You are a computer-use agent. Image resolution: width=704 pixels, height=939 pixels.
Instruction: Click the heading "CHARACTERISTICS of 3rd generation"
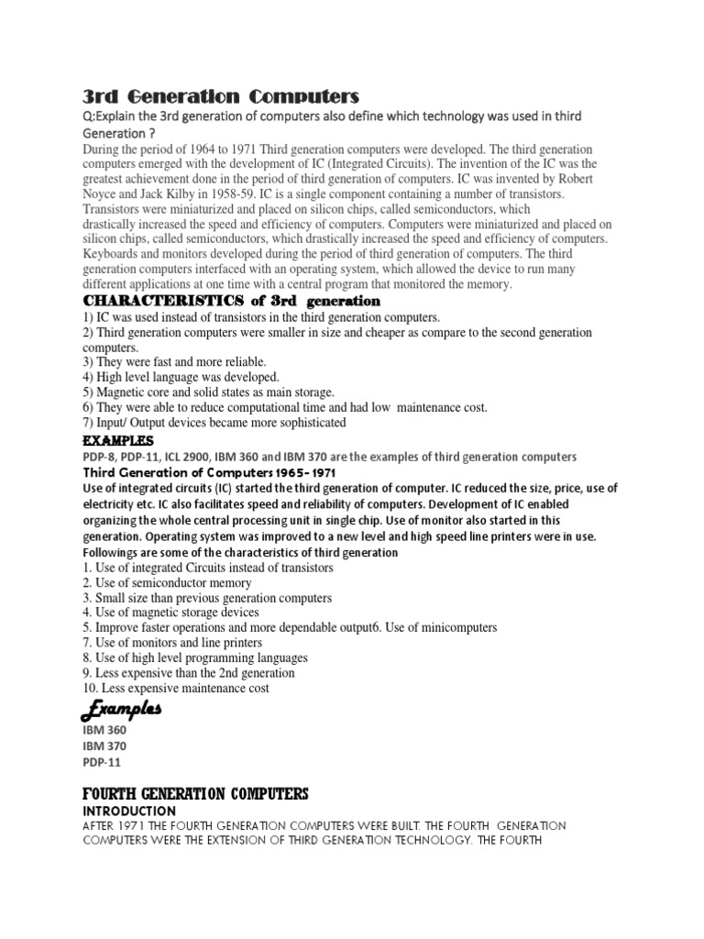[231, 301]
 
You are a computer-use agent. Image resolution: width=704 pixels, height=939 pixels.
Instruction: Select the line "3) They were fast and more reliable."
[175, 362]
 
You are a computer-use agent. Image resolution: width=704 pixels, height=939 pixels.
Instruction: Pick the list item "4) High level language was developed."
[181, 377]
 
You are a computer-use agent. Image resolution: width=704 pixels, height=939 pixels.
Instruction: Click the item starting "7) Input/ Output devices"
[214, 423]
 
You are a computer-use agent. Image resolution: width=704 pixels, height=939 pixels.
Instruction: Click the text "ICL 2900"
[214, 457]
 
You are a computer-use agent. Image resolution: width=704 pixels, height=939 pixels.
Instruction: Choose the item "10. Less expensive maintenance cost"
[189, 688]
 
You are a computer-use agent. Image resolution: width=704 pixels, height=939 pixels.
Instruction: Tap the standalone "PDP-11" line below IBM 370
[102, 762]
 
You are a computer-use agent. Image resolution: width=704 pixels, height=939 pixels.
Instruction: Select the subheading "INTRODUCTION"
[129, 812]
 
